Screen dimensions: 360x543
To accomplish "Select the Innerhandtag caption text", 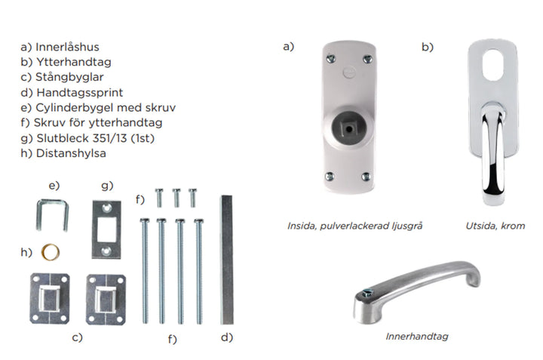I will point(416,336).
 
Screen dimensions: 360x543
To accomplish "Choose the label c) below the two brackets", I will point(77,337).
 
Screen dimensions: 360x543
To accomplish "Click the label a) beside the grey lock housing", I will point(288,47).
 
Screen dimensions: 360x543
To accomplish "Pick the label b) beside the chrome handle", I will point(428,47).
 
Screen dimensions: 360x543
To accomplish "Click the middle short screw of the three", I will point(176,197).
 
